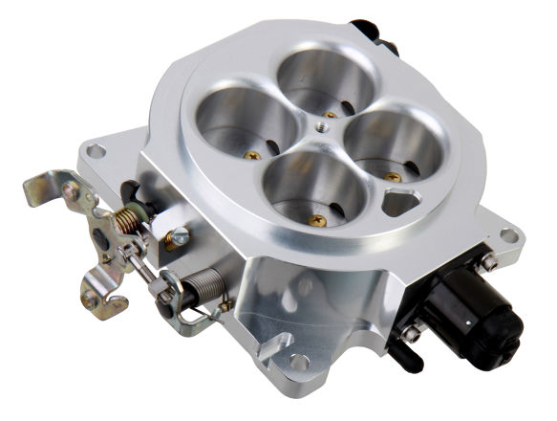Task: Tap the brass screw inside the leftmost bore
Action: pyautogui.click(x=253, y=154)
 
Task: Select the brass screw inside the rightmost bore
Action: pyautogui.click(x=393, y=176)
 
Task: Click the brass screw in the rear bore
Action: pyautogui.click(x=331, y=113)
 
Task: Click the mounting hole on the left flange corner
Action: pyautogui.click(x=95, y=151)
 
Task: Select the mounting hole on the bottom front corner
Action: pyautogui.click(x=299, y=362)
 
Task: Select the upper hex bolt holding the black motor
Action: pyautogui.click(x=488, y=260)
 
